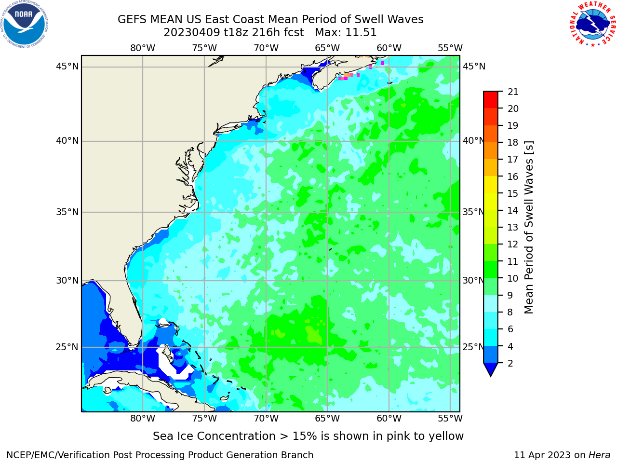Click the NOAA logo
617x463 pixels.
pyautogui.click(x=25, y=25)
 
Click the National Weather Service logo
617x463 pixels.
pyautogui.click(x=592, y=24)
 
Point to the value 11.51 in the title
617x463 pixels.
pyautogui.click(x=361, y=33)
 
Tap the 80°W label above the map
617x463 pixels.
pyautogui.click(x=143, y=48)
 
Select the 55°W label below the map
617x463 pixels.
pyautogui.click(x=450, y=418)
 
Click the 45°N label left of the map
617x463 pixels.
pyautogui.click(x=67, y=67)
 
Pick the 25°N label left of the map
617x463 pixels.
pyautogui.click(x=67, y=347)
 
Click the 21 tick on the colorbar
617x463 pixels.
pyautogui.click(x=513, y=92)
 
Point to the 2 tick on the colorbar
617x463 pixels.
pyautogui.click(x=510, y=363)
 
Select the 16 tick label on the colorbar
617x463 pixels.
pyautogui.click(x=513, y=177)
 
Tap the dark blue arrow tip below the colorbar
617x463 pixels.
pyautogui.click(x=491, y=376)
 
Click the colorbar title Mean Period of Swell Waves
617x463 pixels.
pyautogui.click(x=529, y=227)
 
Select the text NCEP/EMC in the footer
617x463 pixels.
pyautogui.click(x=40, y=455)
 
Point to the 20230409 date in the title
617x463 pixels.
pyautogui.click(x=192, y=33)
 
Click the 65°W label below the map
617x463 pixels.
pyautogui.click(x=327, y=418)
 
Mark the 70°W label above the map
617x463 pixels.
pyautogui.click(x=266, y=48)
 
